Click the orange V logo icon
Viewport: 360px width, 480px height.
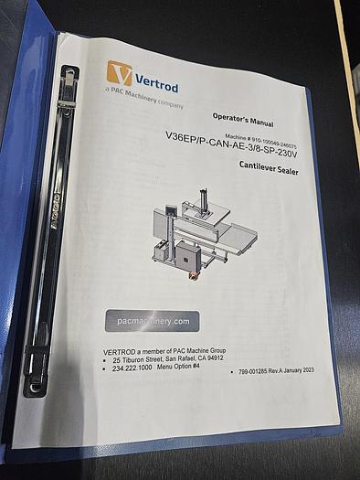[119, 73]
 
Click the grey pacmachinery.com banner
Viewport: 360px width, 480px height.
[152, 321]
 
